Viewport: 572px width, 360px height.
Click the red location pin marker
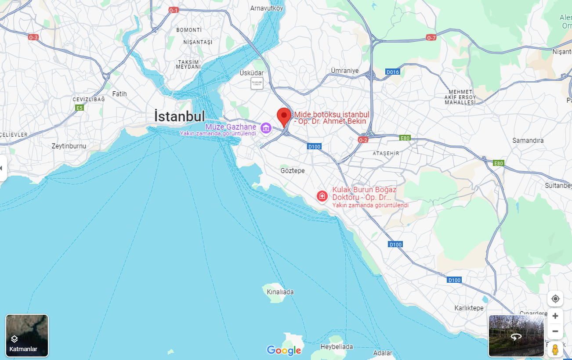(284, 117)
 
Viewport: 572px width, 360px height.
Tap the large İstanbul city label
(179, 116)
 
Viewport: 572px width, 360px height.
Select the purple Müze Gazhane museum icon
(265, 128)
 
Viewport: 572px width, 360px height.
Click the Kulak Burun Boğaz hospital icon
(322, 196)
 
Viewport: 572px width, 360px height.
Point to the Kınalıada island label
(280, 292)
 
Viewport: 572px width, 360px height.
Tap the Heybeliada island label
(337, 347)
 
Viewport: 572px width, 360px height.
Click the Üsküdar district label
(252, 73)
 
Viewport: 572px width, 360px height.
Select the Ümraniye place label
(345, 71)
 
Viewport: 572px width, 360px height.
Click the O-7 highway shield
(431, 38)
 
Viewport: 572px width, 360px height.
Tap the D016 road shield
(392, 72)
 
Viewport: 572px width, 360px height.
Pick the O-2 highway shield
(363, 140)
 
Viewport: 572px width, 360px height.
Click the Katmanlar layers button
(27, 335)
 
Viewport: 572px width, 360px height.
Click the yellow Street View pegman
(555, 349)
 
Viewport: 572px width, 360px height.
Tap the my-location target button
(555, 299)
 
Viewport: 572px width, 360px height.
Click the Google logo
(284, 350)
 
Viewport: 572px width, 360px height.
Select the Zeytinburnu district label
(69, 146)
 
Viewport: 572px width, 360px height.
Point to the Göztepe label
(293, 170)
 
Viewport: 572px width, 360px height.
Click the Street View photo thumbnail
(516, 336)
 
